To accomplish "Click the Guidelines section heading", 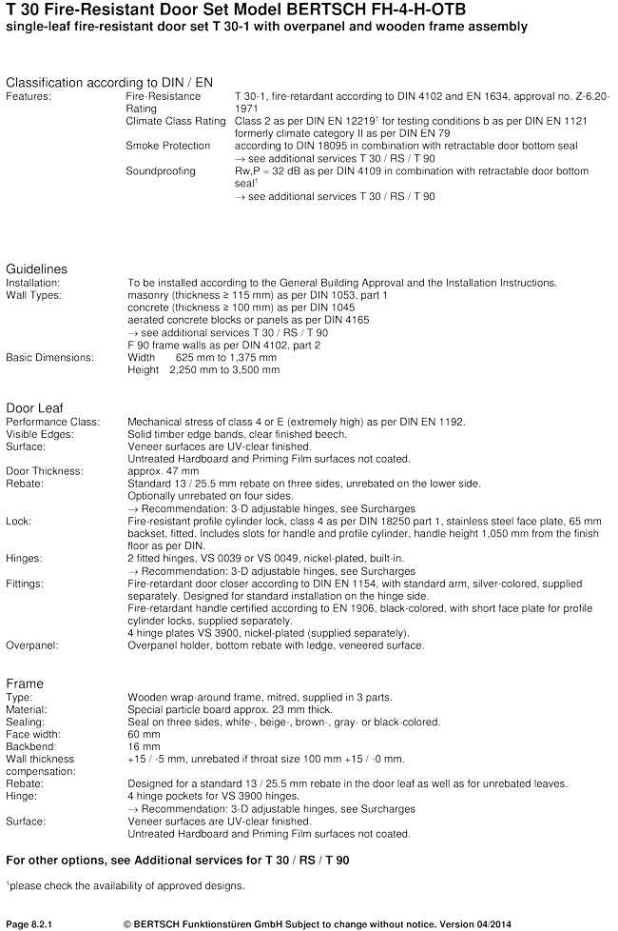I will click(x=36, y=269).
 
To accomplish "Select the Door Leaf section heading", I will click(x=36, y=407).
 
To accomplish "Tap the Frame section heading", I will click(x=25, y=683).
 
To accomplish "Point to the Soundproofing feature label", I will click(x=161, y=171).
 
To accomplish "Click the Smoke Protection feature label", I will click(x=168, y=146).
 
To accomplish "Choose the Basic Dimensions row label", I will click(x=50, y=357).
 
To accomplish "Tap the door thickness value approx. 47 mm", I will click(x=164, y=470).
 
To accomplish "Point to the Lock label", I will click(x=19, y=522).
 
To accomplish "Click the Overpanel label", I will click(x=32, y=644).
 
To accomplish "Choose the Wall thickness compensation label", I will click(x=40, y=764).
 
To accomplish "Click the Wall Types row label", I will click(x=33, y=295).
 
